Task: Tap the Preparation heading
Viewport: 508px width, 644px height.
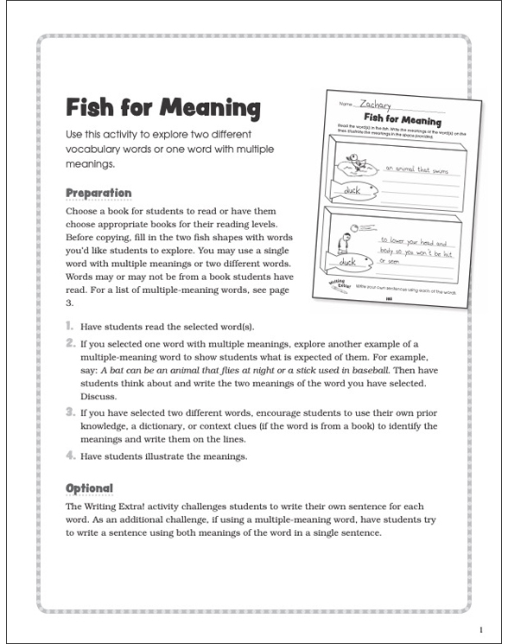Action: point(98,193)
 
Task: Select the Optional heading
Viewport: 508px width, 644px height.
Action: point(89,488)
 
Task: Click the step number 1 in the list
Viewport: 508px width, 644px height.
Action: point(70,328)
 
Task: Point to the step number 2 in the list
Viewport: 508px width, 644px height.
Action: point(70,343)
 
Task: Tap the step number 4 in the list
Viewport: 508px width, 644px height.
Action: point(70,456)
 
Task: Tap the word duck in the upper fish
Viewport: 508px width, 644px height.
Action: point(352,189)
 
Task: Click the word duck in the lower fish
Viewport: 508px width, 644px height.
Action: point(347,259)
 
